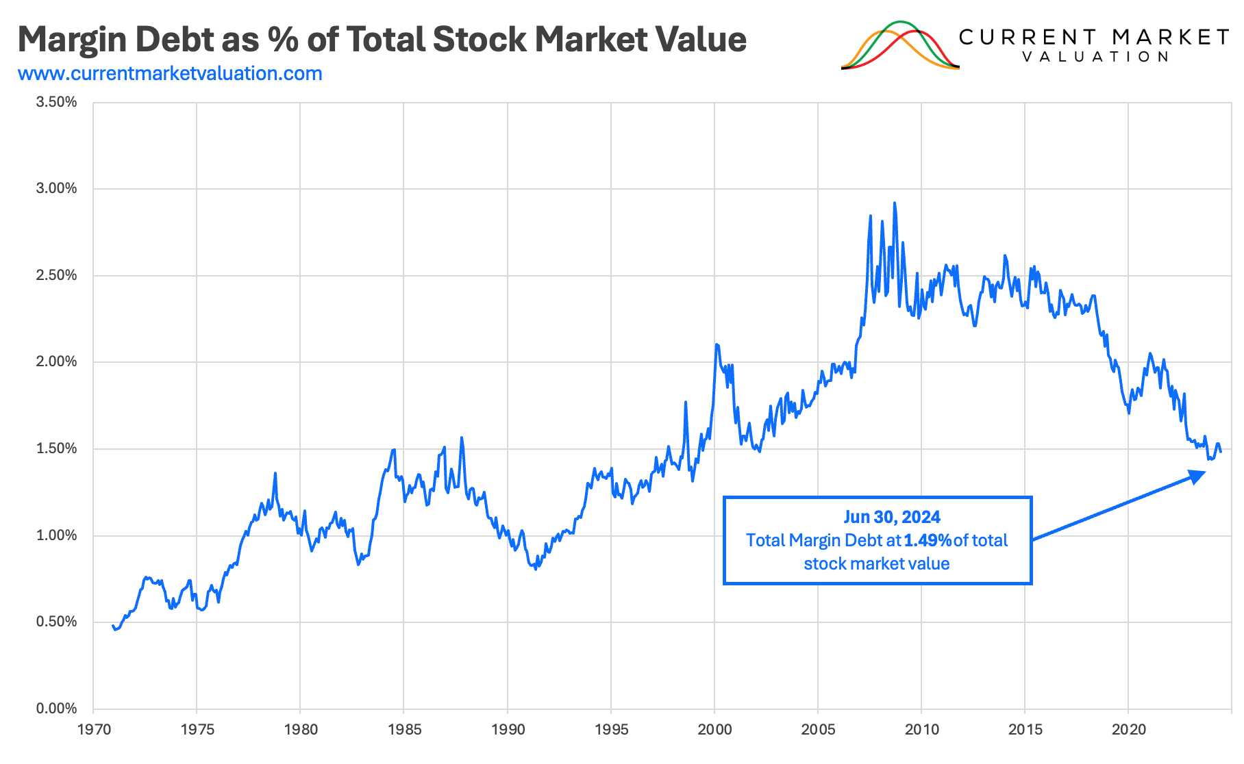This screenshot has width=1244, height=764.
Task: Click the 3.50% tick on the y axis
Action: (56, 102)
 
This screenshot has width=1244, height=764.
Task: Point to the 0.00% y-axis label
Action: (56, 709)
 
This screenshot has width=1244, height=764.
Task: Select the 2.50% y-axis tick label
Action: (56, 275)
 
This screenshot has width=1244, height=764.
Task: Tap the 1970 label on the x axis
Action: (94, 730)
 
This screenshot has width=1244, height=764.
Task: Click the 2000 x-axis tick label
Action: (714, 730)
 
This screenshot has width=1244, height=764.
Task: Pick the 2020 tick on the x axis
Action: (1128, 730)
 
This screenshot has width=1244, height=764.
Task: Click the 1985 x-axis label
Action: (404, 730)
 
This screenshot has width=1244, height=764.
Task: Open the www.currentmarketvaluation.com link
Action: (170, 73)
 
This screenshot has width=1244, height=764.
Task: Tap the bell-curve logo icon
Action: (900, 46)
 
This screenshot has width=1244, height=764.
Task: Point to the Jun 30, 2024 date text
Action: (891, 517)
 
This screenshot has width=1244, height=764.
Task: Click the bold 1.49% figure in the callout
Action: (928, 540)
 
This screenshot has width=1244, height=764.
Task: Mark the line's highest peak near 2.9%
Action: (895, 203)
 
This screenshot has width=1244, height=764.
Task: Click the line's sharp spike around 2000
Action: (717, 344)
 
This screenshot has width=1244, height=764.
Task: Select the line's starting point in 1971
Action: (113, 626)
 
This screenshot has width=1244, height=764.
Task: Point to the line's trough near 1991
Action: (535, 568)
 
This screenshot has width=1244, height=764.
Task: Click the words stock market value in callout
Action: (876, 563)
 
